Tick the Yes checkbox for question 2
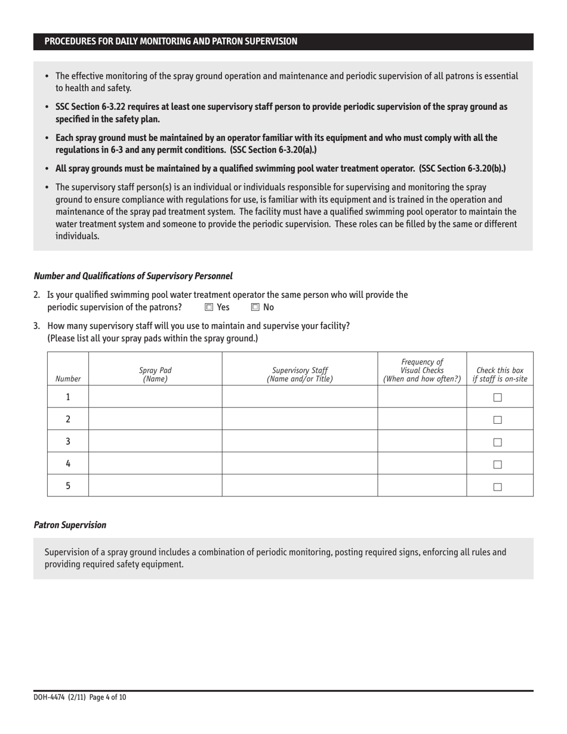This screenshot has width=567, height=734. point(208,307)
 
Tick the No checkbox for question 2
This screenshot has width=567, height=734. point(255,307)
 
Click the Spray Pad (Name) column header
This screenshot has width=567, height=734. point(155,374)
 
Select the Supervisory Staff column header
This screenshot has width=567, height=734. point(299,374)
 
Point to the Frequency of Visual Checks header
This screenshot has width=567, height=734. point(422,369)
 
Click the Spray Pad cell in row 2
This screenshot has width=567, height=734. point(155,419)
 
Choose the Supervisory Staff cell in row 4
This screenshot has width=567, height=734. point(299,463)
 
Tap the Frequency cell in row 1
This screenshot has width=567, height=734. point(422,397)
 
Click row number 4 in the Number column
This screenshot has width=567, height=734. point(68,463)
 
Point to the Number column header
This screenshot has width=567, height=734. point(67,378)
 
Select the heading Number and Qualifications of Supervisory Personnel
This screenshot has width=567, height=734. point(132,276)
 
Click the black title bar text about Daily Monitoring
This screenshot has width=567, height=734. point(171,41)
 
